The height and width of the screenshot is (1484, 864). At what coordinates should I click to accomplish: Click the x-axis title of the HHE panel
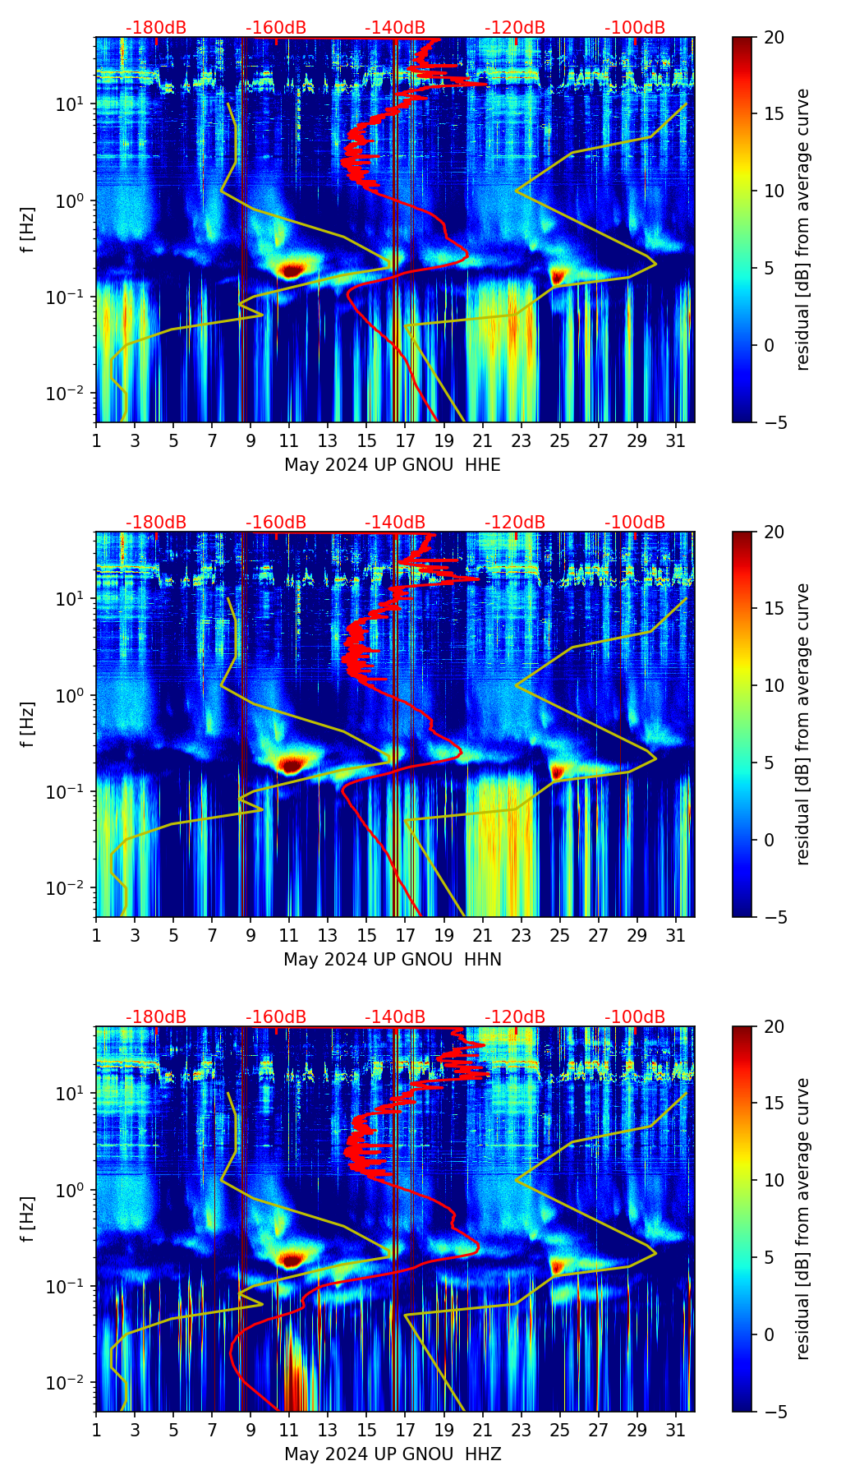pyautogui.click(x=392, y=465)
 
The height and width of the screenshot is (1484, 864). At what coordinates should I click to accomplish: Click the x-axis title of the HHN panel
pyautogui.click(x=392, y=960)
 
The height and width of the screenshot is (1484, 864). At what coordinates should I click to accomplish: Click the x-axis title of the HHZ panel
pyautogui.click(x=392, y=1454)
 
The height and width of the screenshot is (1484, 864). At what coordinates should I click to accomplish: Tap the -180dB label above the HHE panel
pyautogui.click(x=156, y=28)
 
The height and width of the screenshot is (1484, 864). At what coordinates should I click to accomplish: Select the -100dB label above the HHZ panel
pyautogui.click(x=635, y=1017)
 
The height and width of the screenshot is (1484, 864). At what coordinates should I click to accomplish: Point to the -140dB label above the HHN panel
pyautogui.click(x=395, y=523)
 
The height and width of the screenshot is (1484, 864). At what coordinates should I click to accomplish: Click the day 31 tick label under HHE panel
pyautogui.click(x=676, y=441)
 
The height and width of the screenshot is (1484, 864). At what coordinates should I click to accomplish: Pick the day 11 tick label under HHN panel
pyautogui.click(x=289, y=936)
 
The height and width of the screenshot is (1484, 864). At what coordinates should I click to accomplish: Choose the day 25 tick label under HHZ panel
pyautogui.click(x=560, y=1431)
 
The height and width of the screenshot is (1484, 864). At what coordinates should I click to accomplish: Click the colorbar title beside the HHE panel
pyautogui.click(x=802, y=229)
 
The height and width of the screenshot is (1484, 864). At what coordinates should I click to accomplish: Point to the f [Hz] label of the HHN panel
pyautogui.click(x=27, y=724)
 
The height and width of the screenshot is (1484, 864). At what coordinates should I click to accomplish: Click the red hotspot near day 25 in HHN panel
pyautogui.click(x=558, y=772)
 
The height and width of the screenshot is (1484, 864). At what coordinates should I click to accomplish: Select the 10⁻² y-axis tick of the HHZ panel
pyautogui.click(x=67, y=1383)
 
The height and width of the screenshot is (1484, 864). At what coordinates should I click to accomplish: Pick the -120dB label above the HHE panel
pyautogui.click(x=515, y=28)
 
